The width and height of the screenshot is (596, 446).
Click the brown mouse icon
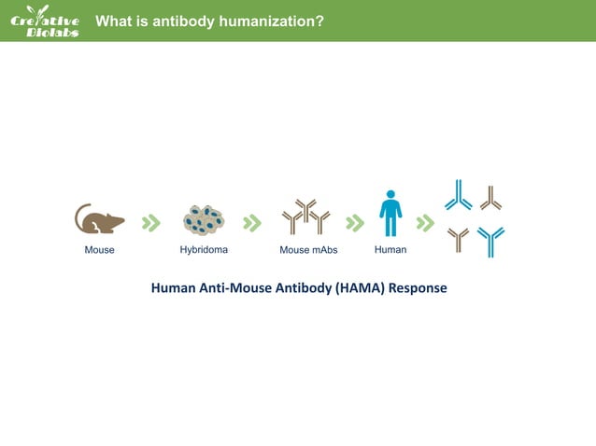[x=99, y=220]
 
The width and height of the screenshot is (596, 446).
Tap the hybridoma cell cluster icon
[x=204, y=220]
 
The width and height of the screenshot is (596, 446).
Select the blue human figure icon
[x=390, y=215]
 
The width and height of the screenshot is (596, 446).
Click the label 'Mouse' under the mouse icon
[x=99, y=250]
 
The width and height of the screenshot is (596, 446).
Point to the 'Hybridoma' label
[x=204, y=250]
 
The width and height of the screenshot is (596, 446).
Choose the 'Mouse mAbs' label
[x=308, y=250]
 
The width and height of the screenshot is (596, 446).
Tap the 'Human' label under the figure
[x=390, y=250]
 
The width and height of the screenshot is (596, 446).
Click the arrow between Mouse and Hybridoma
[x=150, y=223]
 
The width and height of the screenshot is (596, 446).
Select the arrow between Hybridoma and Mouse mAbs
[x=251, y=223]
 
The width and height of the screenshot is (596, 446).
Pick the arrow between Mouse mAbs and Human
[x=354, y=223]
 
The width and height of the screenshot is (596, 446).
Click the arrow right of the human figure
[x=425, y=223]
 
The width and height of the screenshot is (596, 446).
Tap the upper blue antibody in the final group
[x=458, y=196]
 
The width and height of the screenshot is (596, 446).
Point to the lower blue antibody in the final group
[x=490, y=241]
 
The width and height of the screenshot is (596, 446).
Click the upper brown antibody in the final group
[x=491, y=198]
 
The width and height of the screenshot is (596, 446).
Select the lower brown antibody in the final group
[x=458, y=240]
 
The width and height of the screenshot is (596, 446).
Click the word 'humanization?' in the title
[x=271, y=20]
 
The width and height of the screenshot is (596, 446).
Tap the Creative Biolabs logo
[x=44, y=21]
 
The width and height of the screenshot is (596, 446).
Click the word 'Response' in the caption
[x=418, y=287]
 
